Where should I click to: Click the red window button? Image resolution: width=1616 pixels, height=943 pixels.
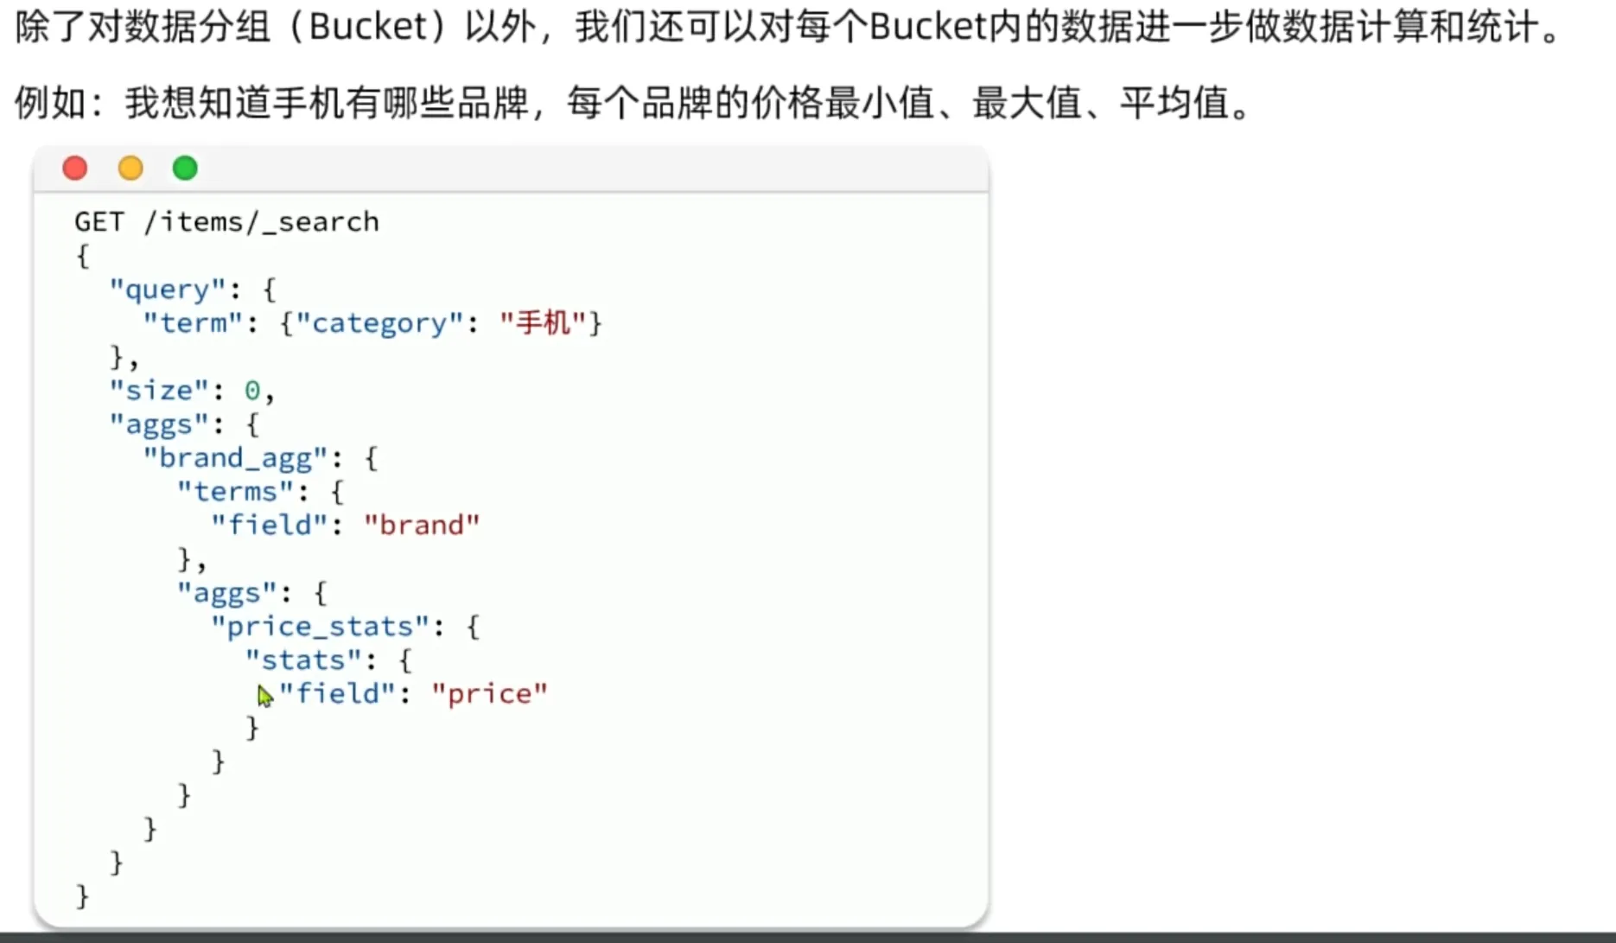coord(75,168)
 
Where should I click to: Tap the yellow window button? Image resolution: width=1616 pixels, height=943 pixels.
coord(130,168)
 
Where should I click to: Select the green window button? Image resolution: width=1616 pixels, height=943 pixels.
coord(185,168)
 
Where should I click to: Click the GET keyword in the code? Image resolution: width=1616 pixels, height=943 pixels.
coord(99,222)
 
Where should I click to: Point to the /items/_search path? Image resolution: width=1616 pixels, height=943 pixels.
coord(261,222)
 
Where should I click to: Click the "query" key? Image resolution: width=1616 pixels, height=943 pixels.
coord(168,290)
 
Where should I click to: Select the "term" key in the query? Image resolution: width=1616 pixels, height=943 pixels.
coord(192,323)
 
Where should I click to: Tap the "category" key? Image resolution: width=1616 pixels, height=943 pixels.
coord(379,323)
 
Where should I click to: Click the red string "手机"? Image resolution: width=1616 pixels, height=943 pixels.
coord(543,323)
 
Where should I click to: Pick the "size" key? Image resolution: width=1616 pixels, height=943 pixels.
coord(159,391)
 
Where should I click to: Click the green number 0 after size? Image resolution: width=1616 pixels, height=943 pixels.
coord(252,391)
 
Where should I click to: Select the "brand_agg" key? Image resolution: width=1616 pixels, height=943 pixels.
coord(235,458)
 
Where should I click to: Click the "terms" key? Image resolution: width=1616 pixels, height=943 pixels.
coord(235,492)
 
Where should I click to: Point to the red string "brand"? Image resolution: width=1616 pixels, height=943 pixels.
coord(422,526)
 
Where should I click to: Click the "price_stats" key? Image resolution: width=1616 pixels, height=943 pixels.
coord(320,627)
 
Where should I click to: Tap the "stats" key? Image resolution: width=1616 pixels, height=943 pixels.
coord(302,660)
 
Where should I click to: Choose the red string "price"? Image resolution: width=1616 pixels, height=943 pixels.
coord(489,694)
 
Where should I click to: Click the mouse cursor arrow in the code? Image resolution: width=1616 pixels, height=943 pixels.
coord(264,695)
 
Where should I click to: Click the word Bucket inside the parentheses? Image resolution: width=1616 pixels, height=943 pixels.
coord(367,28)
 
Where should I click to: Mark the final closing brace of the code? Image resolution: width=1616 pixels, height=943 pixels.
coord(83,896)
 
